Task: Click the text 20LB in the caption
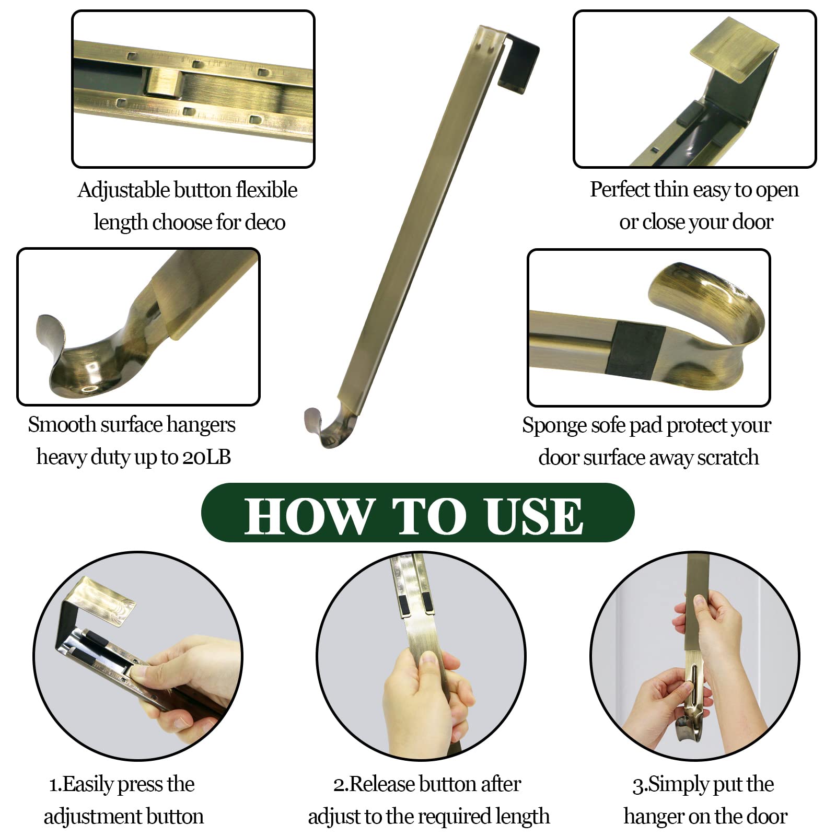206,457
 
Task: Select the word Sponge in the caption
554,426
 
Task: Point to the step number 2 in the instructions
339,785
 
